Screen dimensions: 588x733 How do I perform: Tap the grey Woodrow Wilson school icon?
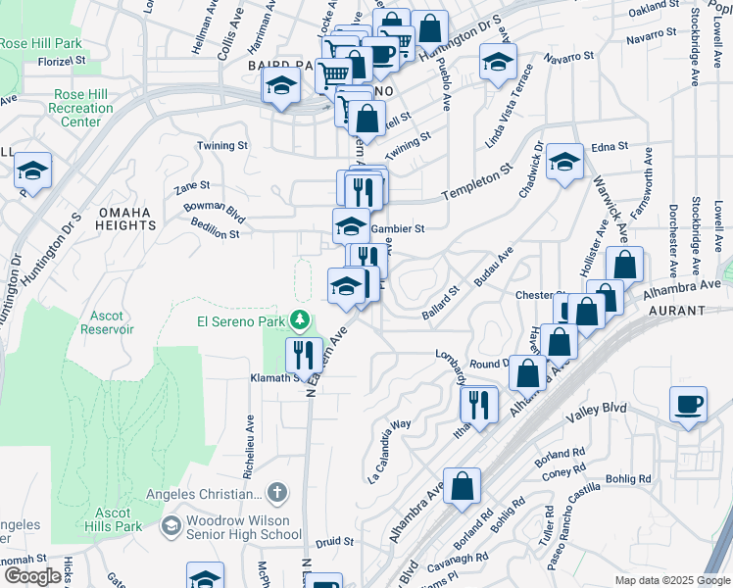click(x=171, y=527)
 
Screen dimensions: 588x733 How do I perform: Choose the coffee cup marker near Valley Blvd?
click(x=688, y=404)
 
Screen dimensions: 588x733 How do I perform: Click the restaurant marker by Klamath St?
click(x=303, y=354)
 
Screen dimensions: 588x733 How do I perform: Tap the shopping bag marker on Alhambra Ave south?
click(x=463, y=485)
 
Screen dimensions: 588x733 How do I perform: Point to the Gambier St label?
click(x=398, y=229)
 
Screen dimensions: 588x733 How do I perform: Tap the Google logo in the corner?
click(x=31, y=576)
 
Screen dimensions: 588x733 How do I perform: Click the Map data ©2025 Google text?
click(x=671, y=580)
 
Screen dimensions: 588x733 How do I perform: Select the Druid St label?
click(x=335, y=541)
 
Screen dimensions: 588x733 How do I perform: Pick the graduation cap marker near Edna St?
click(x=565, y=162)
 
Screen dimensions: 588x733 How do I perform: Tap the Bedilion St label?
click(x=216, y=234)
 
